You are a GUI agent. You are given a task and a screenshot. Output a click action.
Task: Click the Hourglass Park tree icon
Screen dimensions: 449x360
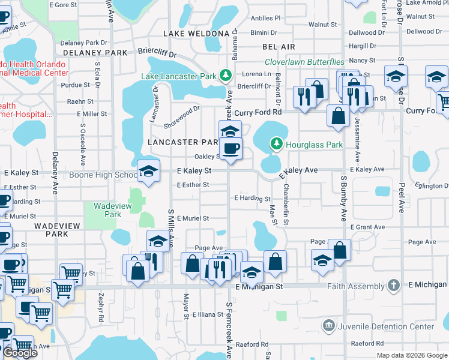[276, 144]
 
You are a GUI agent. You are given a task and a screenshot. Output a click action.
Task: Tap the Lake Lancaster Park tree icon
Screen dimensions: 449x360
[226, 76]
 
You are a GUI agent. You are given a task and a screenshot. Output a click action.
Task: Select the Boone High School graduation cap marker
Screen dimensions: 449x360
[148, 172]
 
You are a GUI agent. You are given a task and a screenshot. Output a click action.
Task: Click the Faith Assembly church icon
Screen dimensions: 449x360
[394, 286]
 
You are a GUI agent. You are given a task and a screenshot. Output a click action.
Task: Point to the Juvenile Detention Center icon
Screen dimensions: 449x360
[328, 326]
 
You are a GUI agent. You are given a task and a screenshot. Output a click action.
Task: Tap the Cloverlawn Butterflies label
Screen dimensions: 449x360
[305, 62]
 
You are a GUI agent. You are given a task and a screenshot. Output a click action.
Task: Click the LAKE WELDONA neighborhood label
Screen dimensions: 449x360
[196, 33]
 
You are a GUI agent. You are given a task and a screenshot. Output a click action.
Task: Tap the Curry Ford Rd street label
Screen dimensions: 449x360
[258, 112]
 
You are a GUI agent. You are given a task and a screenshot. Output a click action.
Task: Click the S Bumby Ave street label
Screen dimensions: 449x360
[344, 199]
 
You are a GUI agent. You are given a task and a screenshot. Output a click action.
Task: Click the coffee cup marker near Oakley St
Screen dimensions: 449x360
[231, 149]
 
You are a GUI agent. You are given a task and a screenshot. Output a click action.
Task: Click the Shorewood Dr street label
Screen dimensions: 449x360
[182, 117]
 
